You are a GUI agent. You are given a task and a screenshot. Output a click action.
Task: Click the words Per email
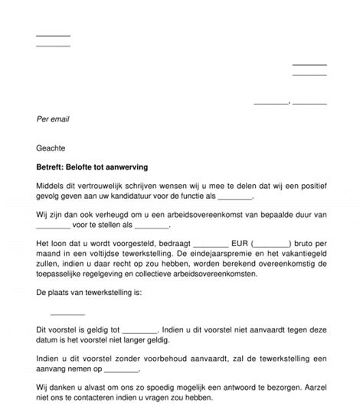(x=55, y=119)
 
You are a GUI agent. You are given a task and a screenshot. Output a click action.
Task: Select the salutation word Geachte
(x=51, y=147)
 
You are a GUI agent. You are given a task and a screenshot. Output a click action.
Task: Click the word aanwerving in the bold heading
(x=128, y=165)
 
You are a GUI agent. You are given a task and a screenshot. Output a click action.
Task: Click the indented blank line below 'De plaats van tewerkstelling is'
(x=67, y=313)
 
